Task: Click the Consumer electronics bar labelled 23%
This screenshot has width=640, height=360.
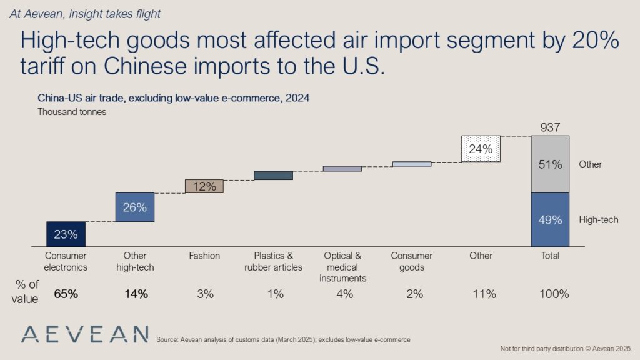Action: pos(66,234)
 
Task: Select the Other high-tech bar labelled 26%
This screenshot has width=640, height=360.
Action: pos(134,207)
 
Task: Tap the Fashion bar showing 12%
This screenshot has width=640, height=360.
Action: pos(204,186)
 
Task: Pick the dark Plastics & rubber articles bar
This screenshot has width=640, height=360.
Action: pos(273,176)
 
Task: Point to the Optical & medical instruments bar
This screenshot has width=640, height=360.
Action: pos(342,169)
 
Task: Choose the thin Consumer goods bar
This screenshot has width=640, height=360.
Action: pos(411,164)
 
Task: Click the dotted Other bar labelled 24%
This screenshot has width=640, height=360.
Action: pos(481,149)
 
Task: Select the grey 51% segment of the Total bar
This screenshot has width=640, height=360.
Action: pos(549,164)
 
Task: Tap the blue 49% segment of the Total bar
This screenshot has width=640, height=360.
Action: pos(549,219)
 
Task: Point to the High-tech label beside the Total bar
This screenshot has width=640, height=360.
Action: pos(599,220)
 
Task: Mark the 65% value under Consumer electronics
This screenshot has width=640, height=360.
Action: pos(66,294)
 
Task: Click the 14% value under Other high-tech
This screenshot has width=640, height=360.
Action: pos(135,294)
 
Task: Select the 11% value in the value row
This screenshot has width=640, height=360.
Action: pos(481,294)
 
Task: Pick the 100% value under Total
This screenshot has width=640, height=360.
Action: pos(550,294)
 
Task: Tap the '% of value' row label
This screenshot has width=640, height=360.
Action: pos(26,292)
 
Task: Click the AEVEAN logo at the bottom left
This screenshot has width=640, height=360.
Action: pos(84,334)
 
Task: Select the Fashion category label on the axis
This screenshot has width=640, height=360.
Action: pos(204,256)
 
